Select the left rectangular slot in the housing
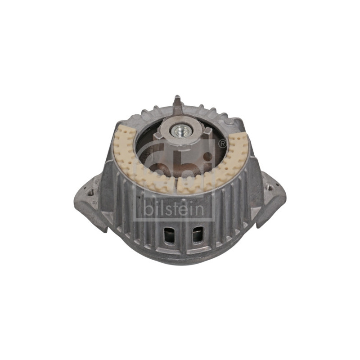pos(168,234)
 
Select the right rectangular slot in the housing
pos(196,234)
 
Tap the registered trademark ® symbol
pos(222,144)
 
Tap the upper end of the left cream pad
pos(121,131)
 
